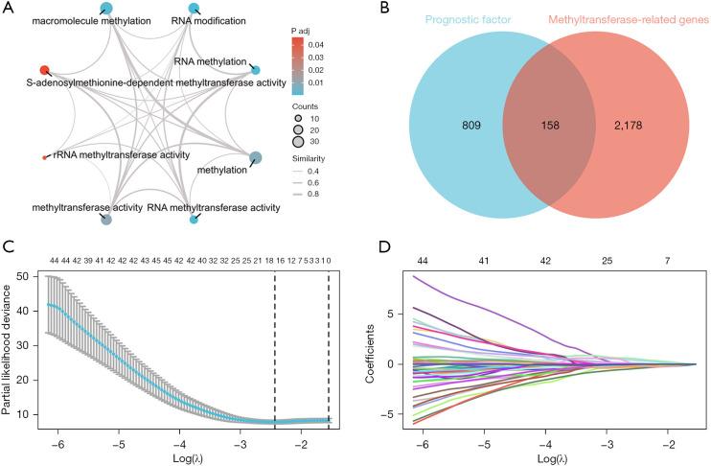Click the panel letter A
(x=9, y=9)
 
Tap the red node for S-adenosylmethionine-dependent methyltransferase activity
(x=44, y=70)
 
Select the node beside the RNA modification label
(x=195, y=9)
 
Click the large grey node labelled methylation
(x=255, y=158)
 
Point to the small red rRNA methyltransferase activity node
(x=44, y=157)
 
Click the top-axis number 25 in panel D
(x=606, y=260)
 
